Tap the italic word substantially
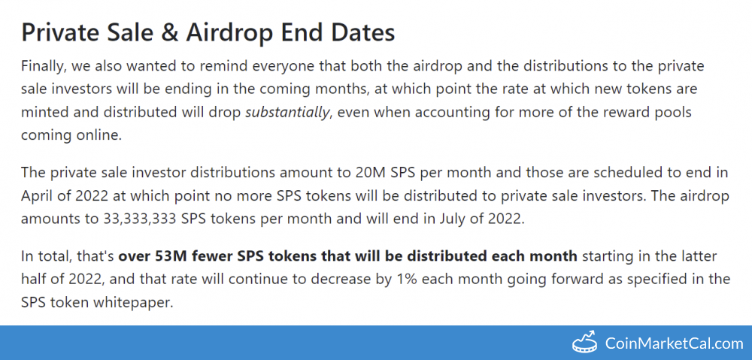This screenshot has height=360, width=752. click(x=287, y=112)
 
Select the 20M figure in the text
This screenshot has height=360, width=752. click(x=372, y=173)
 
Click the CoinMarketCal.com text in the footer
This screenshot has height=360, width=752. click(x=674, y=343)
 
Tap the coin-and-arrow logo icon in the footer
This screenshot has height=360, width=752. click(x=585, y=342)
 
